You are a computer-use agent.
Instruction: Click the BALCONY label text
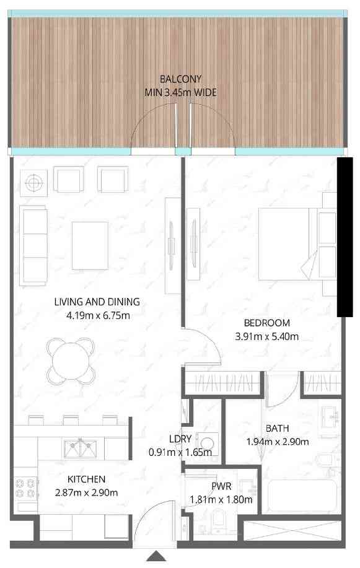tap(180, 79)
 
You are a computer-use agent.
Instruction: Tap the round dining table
tap(71, 360)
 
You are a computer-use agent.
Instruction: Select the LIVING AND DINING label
tap(97, 302)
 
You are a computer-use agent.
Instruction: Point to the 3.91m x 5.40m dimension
tap(267, 336)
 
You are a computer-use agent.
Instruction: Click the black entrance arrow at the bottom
tap(156, 556)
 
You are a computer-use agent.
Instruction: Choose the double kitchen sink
tap(81, 448)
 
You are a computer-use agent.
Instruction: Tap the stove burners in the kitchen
tap(26, 487)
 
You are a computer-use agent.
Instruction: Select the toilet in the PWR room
tap(219, 520)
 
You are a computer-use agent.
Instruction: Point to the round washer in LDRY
tap(207, 443)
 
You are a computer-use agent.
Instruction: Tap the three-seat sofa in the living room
tap(33, 245)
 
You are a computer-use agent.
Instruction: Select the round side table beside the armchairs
tap(33, 183)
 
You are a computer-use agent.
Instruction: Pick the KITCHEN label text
tap(86, 479)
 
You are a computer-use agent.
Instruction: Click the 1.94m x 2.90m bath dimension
tap(278, 442)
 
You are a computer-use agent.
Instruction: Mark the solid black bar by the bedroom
tap(345, 237)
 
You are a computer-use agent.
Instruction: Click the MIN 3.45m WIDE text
tap(180, 92)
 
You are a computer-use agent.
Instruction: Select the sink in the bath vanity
tap(330, 416)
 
